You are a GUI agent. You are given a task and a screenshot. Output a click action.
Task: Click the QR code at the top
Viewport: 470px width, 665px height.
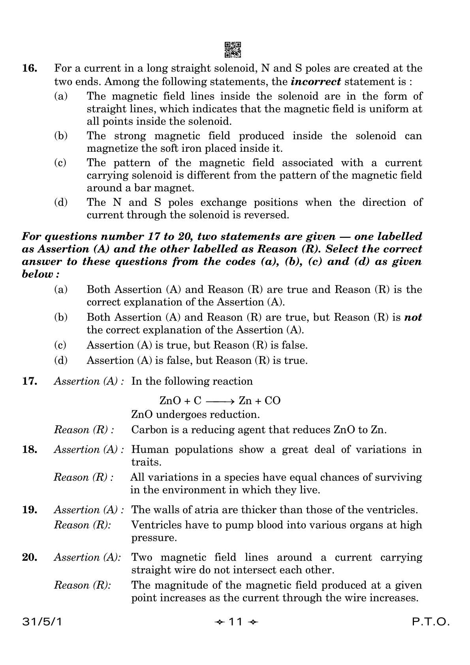click(233, 50)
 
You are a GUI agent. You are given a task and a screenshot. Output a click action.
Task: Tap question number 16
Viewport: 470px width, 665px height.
click(30, 68)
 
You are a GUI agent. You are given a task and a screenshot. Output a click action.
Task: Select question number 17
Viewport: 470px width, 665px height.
click(30, 381)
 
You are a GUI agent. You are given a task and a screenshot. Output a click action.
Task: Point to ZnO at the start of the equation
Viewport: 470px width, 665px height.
click(170, 401)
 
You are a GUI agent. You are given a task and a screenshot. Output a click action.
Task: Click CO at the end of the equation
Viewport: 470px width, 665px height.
click(273, 401)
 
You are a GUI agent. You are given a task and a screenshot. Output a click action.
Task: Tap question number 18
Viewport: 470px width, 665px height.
click(30, 450)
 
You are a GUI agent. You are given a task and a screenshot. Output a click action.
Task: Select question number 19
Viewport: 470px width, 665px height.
click(30, 510)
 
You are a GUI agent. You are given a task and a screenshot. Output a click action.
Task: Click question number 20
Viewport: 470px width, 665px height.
click(30, 558)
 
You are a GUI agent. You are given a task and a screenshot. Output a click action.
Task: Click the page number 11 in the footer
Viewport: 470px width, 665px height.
click(235, 622)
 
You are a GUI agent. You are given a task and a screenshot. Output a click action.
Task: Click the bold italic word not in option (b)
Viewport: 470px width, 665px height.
click(413, 317)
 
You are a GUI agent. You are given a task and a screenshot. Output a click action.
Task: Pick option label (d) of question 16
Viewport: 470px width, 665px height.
click(60, 203)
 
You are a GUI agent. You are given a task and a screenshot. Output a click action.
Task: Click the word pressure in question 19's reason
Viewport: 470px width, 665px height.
click(154, 538)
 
